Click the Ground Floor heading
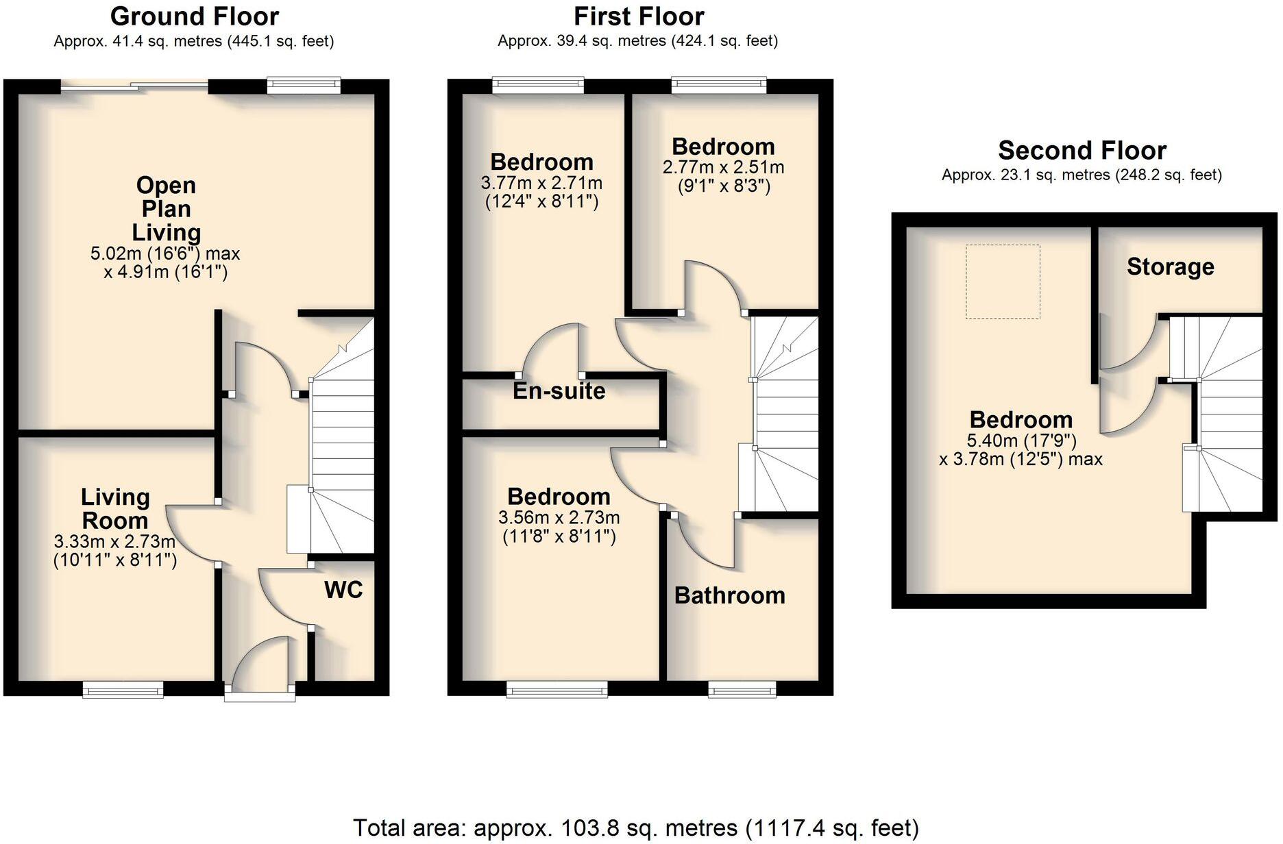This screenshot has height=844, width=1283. tap(195, 16)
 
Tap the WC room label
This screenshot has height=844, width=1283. tap(343, 590)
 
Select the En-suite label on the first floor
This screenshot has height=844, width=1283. tap(559, 391)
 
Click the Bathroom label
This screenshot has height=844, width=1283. tap(730, 595)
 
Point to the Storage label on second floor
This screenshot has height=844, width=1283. tap(1170, 266)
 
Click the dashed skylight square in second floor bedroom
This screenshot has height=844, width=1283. tap(1003, 282)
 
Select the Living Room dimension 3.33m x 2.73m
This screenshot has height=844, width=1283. tap(114, 542)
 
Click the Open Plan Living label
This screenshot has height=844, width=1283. tap(166, 209)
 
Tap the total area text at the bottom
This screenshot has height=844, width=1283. tap(635, 828)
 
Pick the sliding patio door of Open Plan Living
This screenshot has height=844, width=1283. tap(134, 86)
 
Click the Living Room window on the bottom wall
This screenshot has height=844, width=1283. tap(123, 689)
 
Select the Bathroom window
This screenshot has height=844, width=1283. tap(742, 689)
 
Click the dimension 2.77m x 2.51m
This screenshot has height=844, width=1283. tap(723, 167)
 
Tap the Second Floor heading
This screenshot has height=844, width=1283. tap(1082, 151)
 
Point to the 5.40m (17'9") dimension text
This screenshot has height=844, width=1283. tap(1021, 440)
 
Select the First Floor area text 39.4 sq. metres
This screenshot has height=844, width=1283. tap(637, 41)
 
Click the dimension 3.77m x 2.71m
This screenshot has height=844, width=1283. tap(541, 183)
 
